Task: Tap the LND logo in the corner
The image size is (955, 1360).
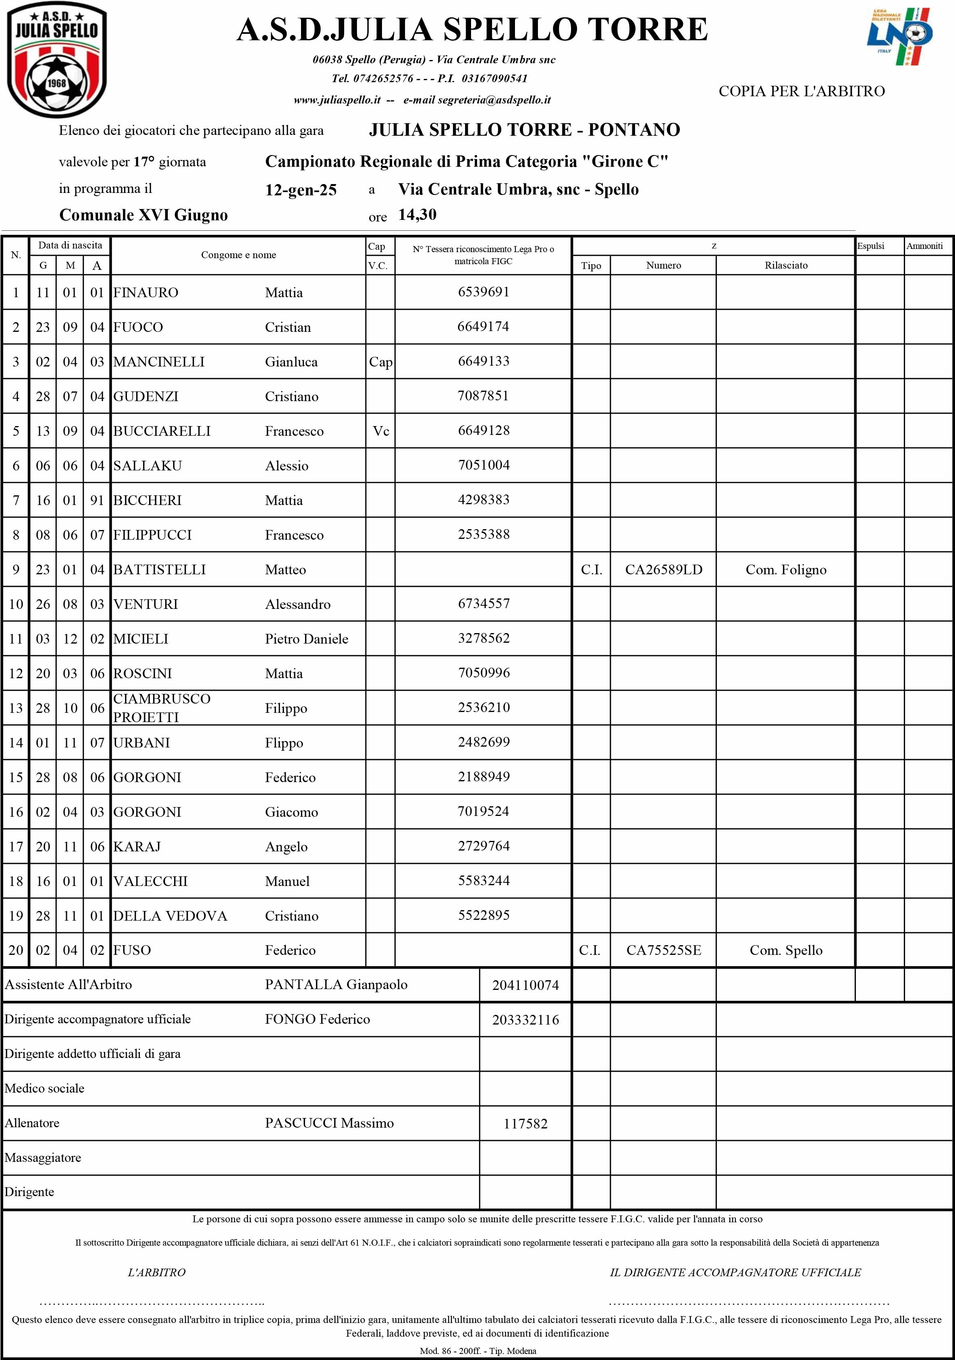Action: click(899, 37)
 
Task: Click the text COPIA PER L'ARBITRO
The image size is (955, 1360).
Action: click(801, 91)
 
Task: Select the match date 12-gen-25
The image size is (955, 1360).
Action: click(301, 190)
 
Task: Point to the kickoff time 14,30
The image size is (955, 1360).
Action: click(417, 214)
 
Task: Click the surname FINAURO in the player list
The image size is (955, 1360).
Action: click(146, 293)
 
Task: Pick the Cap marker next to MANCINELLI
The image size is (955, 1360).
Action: click(380, 362)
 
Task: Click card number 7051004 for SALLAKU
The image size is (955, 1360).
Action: click(483, 465)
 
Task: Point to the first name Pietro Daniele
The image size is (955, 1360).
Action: click(307, 639)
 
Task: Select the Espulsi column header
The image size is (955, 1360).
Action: click(870, 246)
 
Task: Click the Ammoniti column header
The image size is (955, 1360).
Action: click(924, 246)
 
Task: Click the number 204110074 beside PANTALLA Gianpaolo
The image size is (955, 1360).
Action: click(525, 985)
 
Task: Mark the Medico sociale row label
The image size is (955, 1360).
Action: click(44, 1088)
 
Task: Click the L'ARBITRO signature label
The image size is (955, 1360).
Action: click(156, 1272)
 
